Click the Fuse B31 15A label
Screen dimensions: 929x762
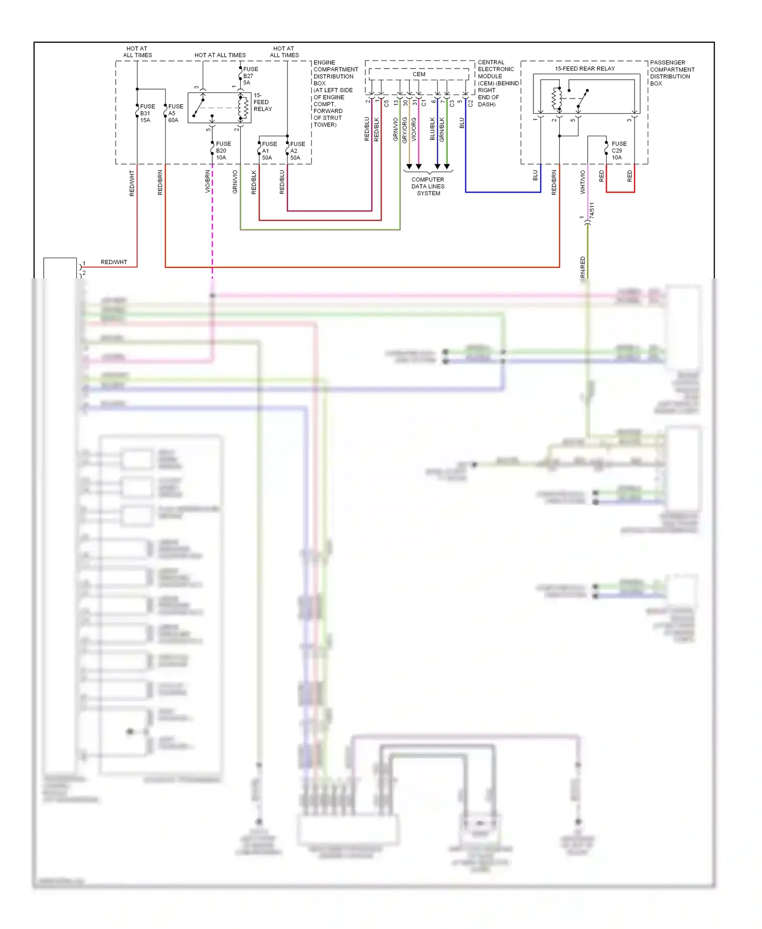click(x=147, y=113)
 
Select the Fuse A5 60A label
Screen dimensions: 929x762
click(x=175, y=113)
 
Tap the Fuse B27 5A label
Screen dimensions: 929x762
click(x=250, y=76)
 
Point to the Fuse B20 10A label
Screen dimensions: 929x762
click(x=223, y=150)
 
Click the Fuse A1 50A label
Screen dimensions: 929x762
click(x=269, y=151)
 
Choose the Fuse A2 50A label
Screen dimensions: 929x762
click(x=297, y=151)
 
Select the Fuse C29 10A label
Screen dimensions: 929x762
click(x=618, y=150)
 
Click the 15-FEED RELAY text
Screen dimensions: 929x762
click(x=262, y=102)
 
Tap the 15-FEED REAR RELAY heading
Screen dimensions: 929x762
click(x=584, y=69)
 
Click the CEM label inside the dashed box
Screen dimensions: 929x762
click(x=419, y=74)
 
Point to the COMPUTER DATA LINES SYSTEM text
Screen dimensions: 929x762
click(x=428, y=187)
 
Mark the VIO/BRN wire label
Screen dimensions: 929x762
click(x=207, y=181)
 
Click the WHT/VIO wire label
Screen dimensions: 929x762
click(x=583, y=182)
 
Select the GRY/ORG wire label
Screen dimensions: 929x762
click(x=404, y=130)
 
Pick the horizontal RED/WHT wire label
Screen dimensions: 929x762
click(x=114, y=262)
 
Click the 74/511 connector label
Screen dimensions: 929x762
click(x=592, y=211)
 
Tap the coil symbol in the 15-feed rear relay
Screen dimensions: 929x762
click(x=557, y=99)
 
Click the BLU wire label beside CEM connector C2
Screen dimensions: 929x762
click(x=462, y=123)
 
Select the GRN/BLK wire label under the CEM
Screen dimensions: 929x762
click(x=442, y=130)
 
